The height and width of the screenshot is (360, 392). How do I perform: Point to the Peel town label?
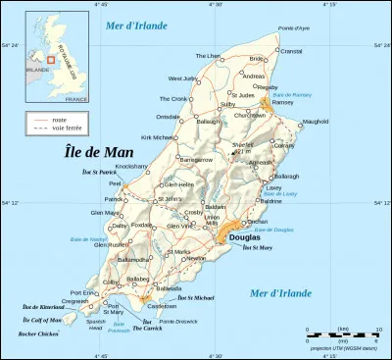(x=115, y=182)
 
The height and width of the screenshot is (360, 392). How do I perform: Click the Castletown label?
(x=163, y=305)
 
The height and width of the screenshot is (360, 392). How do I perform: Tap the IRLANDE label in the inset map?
(x=38, y=70)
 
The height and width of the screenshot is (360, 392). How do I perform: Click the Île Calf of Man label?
(x=42, y=320)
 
